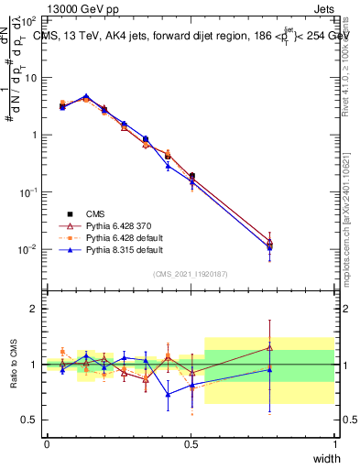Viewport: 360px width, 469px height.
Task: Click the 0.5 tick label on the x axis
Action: click(x=191, y=444)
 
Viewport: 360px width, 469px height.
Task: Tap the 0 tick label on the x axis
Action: click(x=47, y=444)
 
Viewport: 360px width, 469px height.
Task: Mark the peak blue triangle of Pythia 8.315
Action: click(x=86, y=96)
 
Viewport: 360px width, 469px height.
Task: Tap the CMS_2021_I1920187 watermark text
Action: click(x=191, y=273)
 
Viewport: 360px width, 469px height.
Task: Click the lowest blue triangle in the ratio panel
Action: click(x=168, y=395)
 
